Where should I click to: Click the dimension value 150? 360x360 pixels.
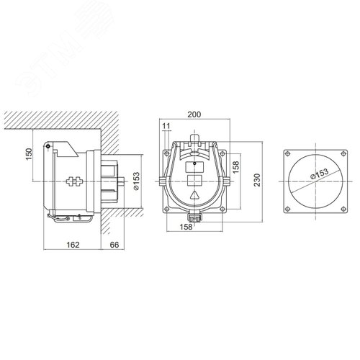[x=29, y=154]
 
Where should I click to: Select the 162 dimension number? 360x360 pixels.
[x=73, y=245]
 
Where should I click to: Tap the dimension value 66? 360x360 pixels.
[x=114, y=245]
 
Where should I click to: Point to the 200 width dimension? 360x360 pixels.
[x=194, y=114]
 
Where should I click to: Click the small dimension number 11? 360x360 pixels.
[x=166, y=126]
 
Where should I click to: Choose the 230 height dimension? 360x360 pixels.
[x=257, y=180]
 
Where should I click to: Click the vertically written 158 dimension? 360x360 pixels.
[x=236, y=167]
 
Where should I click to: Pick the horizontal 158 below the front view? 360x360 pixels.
[x=186, y=227]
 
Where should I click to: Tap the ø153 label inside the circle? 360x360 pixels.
[x=320, y=174]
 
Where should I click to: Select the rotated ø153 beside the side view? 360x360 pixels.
[x=136, y=181]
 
